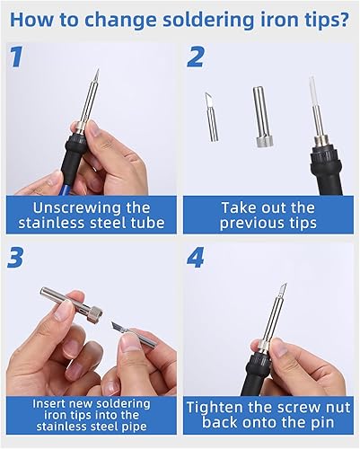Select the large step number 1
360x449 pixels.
pos(16,57)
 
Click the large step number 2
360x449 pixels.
pos(196,57)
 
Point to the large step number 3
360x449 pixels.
pos(15,258)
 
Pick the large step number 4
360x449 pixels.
pos(196,258)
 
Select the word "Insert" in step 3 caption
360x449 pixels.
pos(49,403)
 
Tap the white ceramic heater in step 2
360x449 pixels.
pos(312,91)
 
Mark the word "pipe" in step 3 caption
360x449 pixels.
pos(136,427)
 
